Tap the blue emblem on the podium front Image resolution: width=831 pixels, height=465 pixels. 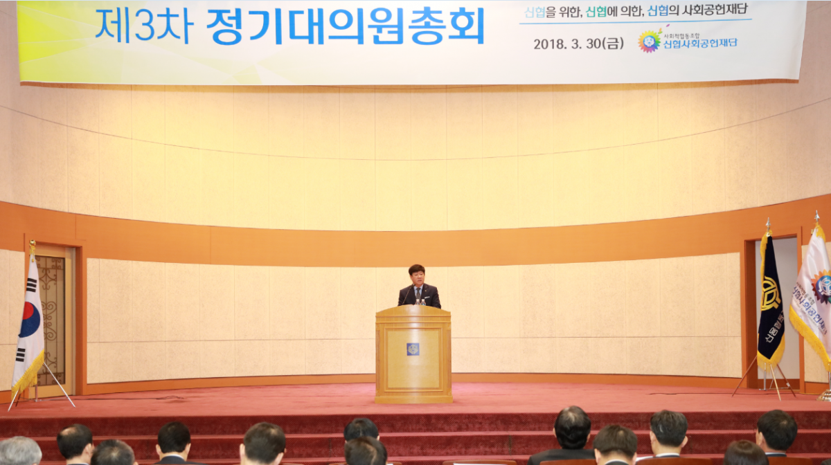tap(413, 349)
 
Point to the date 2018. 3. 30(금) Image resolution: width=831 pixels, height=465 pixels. tap(578, 44)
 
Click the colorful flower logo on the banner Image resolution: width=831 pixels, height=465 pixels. tap(649, 41)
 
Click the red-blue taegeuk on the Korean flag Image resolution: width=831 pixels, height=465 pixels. tap(29, 319)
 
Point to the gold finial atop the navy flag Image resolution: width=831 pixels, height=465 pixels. tap(767, 225)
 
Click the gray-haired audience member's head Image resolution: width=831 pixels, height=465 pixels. tap(19, 451)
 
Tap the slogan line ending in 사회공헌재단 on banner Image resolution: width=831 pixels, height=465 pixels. tap(635, 12)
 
